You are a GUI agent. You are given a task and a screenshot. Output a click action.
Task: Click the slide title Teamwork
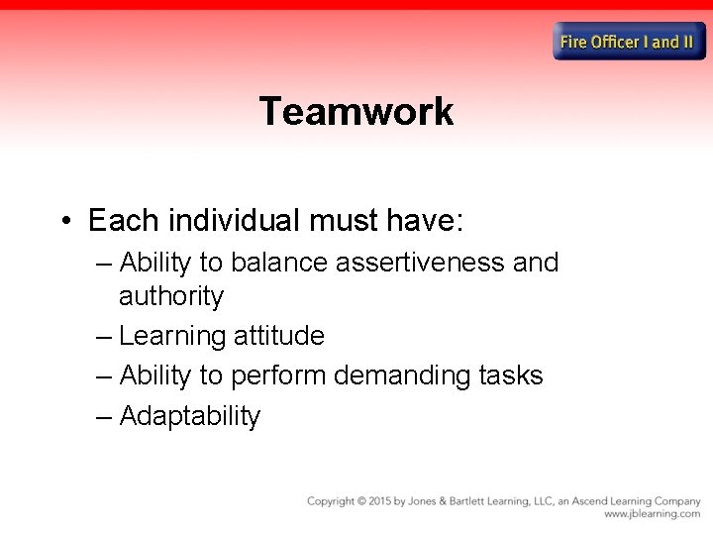356,111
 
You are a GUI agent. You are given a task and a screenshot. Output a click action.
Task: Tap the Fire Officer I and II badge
630,42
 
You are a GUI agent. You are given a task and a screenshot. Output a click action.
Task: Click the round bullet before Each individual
65,220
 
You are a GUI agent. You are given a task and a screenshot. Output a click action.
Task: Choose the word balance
280,263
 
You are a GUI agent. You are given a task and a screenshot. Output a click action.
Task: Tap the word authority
171,296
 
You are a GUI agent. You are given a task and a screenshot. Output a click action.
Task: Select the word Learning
172,336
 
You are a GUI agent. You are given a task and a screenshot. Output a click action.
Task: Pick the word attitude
279,336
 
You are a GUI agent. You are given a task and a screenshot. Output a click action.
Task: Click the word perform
279,375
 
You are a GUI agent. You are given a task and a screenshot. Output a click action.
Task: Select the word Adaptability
189,416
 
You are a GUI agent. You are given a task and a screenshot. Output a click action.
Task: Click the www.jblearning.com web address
652,514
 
